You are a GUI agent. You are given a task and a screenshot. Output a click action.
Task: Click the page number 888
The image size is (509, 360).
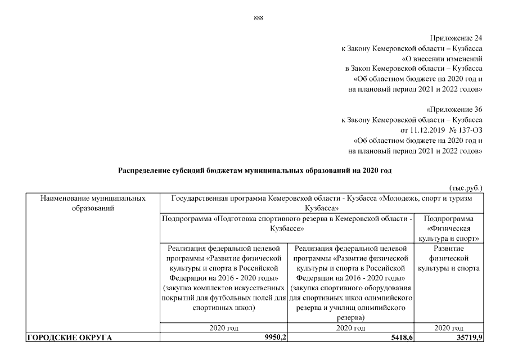[258, 17]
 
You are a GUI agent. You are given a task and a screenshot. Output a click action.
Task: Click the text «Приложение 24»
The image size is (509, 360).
[456, 38]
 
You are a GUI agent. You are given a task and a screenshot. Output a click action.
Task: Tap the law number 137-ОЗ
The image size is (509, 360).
[468, 130]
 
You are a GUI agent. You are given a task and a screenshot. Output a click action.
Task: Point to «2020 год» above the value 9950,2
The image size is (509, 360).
[224, 327]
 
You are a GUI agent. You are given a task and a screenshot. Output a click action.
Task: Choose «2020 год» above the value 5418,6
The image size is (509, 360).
[352, 327]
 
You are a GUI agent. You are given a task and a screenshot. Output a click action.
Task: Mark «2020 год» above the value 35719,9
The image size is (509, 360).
[449, 327]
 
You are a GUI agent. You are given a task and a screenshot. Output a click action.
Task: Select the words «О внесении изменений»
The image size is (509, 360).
[442, 58]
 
